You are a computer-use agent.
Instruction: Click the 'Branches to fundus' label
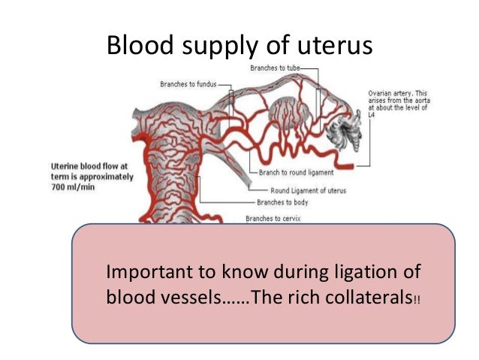(x=187, y=84)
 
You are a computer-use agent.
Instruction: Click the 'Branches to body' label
(x=282, y=202)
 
